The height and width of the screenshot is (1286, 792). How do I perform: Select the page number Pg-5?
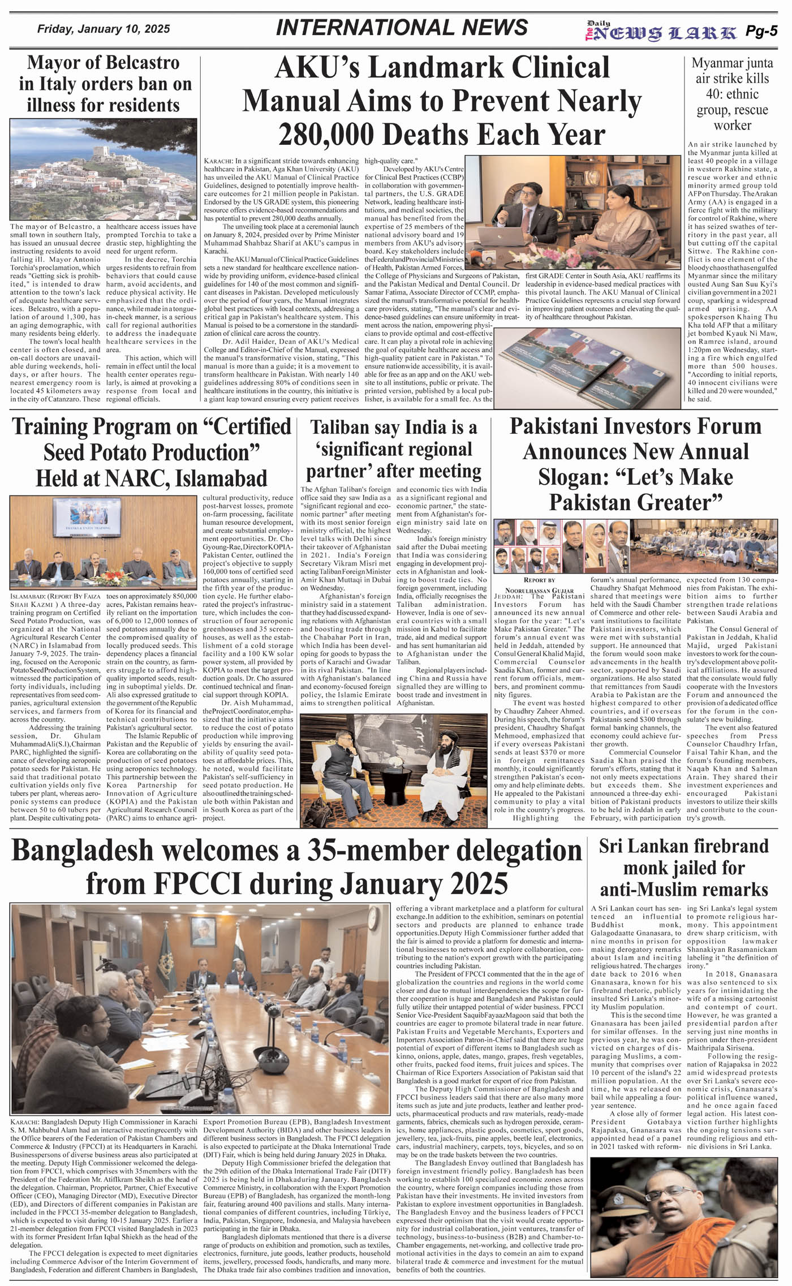761,32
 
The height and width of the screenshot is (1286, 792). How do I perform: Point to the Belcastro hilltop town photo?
104,169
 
